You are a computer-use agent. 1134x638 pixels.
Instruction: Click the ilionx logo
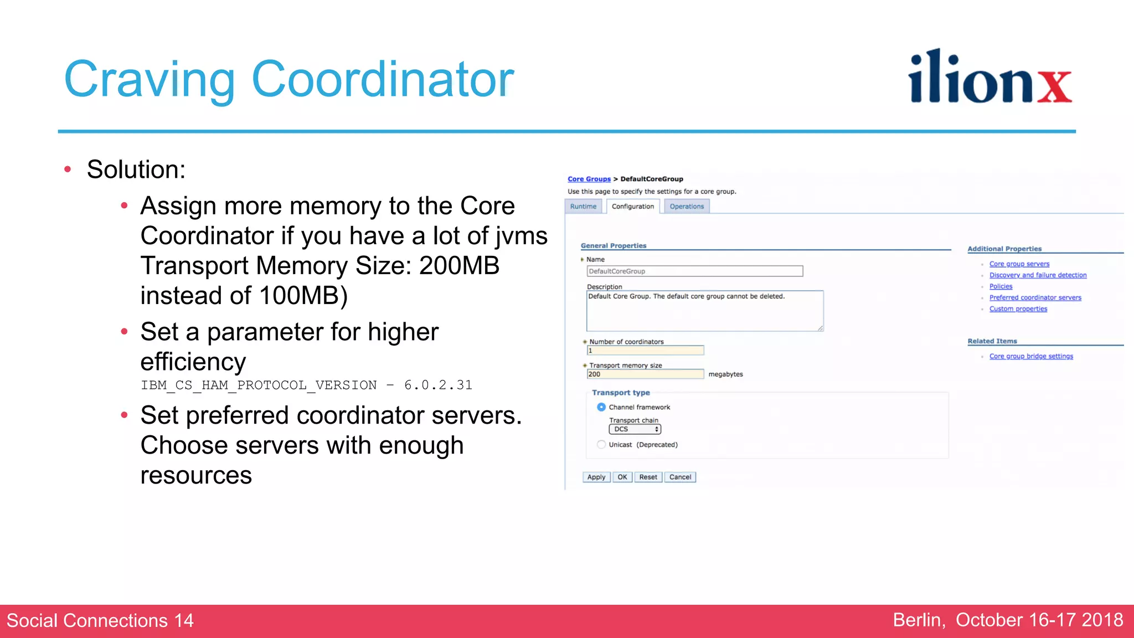coord(989,78)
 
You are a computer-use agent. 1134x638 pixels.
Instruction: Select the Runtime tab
coord(583,207)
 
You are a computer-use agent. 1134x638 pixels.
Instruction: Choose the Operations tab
coord(687,207)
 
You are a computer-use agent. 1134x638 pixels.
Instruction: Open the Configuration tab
coord(632,207)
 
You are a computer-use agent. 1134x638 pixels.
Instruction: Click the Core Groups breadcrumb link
coord(589,179)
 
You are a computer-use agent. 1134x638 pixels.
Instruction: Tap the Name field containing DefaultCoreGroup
coord(694,271)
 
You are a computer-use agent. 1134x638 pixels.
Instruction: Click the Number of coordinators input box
coord(645,351)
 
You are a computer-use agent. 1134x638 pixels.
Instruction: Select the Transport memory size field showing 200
coord(645,374)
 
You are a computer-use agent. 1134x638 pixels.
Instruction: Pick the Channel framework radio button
coord(601,407)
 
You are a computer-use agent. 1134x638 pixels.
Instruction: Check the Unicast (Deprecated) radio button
coord(601,445)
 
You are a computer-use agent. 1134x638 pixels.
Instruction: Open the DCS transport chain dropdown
coord(635,429)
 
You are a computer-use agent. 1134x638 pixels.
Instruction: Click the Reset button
coord(648,477)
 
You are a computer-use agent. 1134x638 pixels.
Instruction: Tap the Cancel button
coord(680,477)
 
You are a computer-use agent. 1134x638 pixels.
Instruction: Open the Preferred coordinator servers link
coord(1035,298)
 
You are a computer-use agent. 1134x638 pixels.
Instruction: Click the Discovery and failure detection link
coord(1038,275)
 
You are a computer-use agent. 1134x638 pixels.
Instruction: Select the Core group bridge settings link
coord(1031,357)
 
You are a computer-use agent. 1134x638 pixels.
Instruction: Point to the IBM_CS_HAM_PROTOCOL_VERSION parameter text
coord(259,385)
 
